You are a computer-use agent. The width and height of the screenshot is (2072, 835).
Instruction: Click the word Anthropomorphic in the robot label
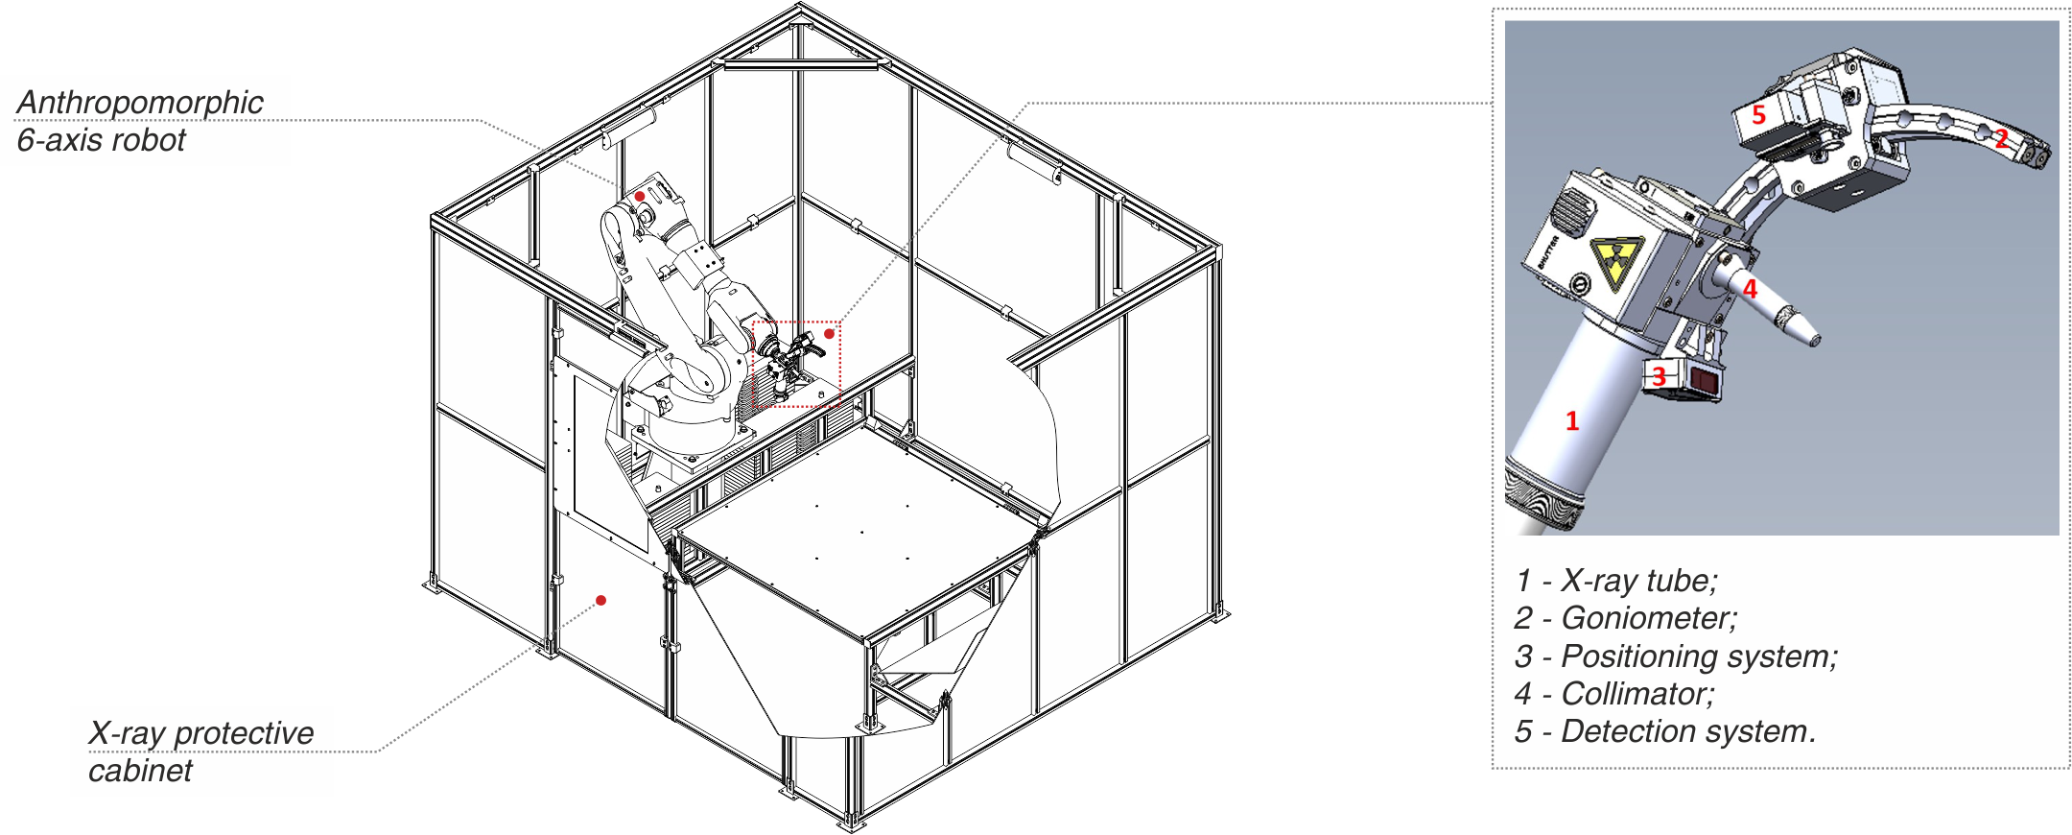(x=140, y=103)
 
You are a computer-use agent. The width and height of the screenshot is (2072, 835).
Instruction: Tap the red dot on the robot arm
(x=639, y=197)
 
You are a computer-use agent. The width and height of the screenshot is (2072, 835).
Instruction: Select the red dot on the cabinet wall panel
(x=600, y=601)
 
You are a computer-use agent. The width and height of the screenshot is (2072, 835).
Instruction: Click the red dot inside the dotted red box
(x=829, y=334)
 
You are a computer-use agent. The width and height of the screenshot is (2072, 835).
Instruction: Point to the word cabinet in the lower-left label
(x=140, y=771)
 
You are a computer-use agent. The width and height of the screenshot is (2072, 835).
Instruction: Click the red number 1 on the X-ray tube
(x=1572, y=421)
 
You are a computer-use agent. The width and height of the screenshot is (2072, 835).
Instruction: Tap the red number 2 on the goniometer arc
(x=2002, y=139)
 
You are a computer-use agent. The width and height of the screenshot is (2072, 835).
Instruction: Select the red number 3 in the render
(x=1659, y=377)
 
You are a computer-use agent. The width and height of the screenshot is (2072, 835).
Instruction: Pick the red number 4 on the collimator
(x=1750, y=289)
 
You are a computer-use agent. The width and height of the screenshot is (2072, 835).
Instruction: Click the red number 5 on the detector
(x=1758, y=115)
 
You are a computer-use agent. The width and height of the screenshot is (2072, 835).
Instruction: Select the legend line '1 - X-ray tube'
(x=1617, y=581)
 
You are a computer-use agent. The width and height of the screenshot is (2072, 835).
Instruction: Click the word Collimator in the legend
(x=1636, y=694)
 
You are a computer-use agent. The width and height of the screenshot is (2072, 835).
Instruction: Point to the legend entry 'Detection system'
(x=1687, y=731)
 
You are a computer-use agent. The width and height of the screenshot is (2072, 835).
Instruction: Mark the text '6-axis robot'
(x=102, y=141)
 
